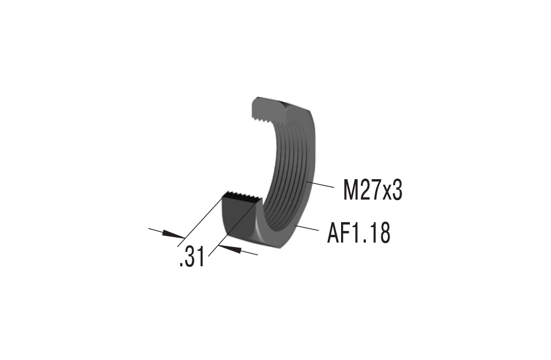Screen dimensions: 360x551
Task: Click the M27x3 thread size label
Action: point(372,191)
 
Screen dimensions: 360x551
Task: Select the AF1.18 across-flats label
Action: point(359,233)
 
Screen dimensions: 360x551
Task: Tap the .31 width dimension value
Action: point(192,257)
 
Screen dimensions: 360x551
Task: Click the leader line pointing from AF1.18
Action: point(308,228)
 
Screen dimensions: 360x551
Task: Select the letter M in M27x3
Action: point(350,191)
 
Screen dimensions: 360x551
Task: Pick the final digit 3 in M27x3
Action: point(397,191)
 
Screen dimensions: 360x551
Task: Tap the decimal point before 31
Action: point(181,265)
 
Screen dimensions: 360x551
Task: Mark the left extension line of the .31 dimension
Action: point(201,218)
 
